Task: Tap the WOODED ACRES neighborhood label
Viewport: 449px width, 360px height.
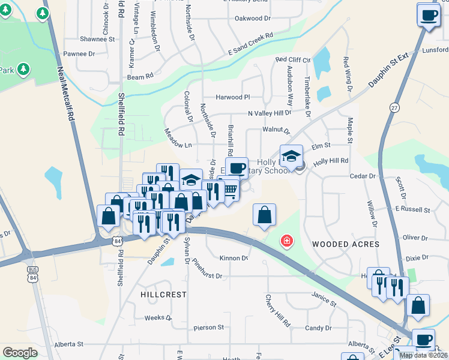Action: pos(346,244)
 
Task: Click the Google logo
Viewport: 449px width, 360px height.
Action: pos(19,352)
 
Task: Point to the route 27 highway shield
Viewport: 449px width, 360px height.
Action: pos(394,107)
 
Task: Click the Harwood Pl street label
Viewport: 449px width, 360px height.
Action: pos(233,97)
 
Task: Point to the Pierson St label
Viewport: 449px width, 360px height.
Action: pos(209,328)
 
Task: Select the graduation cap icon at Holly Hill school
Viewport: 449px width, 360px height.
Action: pos(291,156)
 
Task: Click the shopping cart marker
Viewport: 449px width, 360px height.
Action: pos(230,190)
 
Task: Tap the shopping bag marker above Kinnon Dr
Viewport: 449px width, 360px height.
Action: pos(264,215)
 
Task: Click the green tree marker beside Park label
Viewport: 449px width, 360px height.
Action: pos(23,70)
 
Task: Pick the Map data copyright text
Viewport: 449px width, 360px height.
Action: pos(423,355)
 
